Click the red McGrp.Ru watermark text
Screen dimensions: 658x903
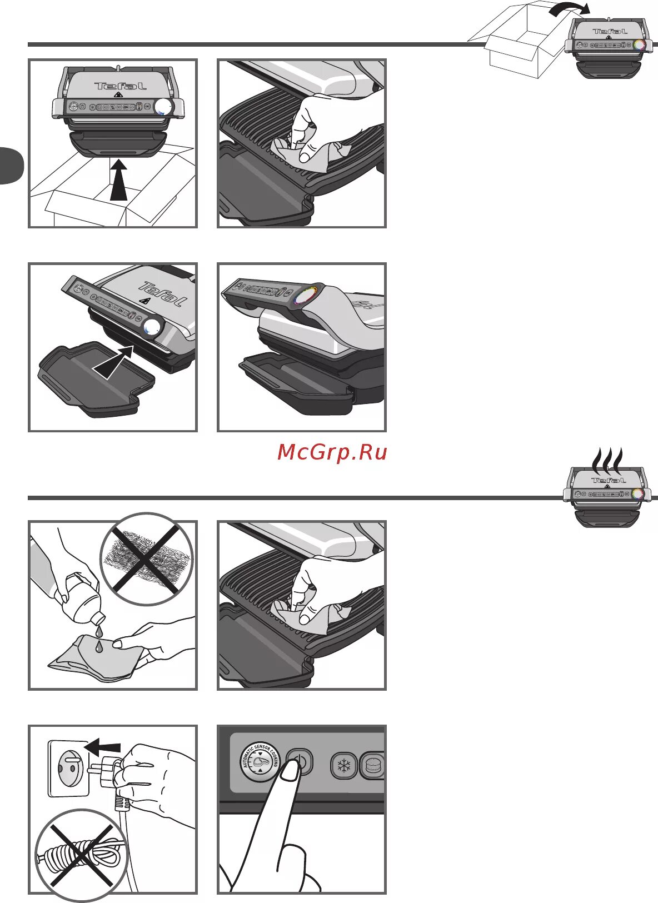tap(332, 452)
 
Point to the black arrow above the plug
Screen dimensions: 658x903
tap(105, 746)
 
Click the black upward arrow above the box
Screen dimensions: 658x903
tap(118, 179)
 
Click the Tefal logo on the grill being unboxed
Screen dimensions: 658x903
tap(120, 86)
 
